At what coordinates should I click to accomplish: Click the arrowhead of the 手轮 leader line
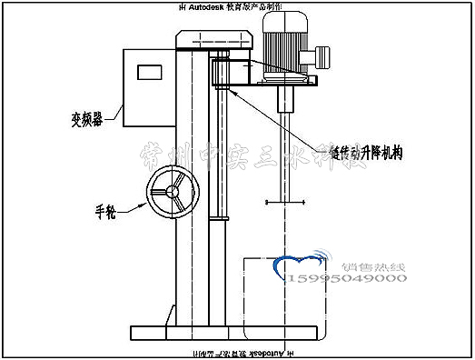pyautogui.click(x=150, y=205)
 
